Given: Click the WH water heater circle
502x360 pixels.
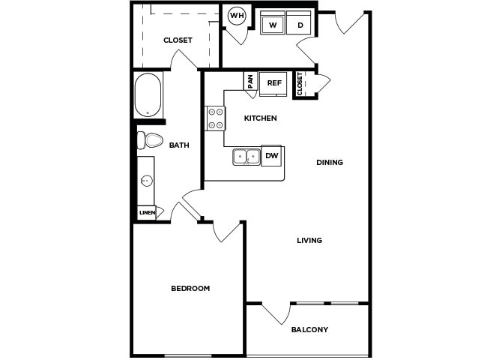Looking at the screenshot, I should click(237, 16).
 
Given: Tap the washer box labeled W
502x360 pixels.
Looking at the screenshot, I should click(273, 24).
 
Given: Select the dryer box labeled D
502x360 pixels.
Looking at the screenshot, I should click(300, 24).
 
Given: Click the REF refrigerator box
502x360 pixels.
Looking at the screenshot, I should click(273, 83).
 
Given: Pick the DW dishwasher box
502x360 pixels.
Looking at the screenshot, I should click(271, 156).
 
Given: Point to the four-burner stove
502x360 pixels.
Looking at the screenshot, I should click(216, 118).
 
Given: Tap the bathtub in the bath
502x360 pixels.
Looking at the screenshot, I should click(148, 94).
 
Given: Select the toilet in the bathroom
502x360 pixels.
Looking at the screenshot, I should click(151, 139).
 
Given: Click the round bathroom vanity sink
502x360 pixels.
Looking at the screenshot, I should click(147, 180).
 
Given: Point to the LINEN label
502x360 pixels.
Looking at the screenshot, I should click(147, 213).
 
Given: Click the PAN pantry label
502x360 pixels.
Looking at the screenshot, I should click(250, 81).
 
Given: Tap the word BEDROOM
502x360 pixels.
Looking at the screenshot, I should click(190, 288).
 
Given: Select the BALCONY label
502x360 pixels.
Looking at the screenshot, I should click(309, 329).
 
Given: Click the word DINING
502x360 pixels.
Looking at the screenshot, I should click(330, 162).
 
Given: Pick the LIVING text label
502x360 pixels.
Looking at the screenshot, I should click(309, 241).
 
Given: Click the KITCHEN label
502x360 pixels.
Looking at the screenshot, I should click(261, 118).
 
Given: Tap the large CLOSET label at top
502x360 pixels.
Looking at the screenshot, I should click(178, 40).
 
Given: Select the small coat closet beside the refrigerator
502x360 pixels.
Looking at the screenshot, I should click(300, 85).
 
